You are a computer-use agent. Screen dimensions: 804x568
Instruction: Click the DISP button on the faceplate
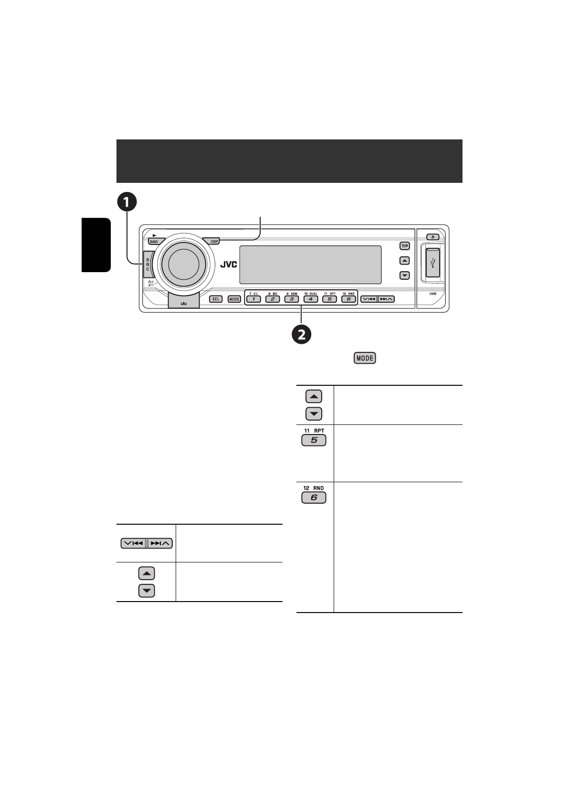214,242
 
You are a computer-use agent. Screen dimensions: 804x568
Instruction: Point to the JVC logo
228,265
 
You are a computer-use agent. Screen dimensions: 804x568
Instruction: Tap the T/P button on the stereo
404,246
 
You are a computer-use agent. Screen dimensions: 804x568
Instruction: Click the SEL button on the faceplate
216,299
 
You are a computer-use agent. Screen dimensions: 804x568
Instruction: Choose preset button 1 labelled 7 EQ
253,299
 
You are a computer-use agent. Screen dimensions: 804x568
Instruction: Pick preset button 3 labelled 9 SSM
291,299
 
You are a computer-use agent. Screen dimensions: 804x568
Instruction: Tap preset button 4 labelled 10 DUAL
310,299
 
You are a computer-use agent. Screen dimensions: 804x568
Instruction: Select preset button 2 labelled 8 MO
273,299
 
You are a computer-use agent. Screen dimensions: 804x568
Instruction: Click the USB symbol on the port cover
433,264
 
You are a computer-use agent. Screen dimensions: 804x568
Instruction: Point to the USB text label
432,294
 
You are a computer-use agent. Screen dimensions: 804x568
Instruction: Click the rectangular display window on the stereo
310,264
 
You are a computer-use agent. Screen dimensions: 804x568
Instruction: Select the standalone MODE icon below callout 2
365,358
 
